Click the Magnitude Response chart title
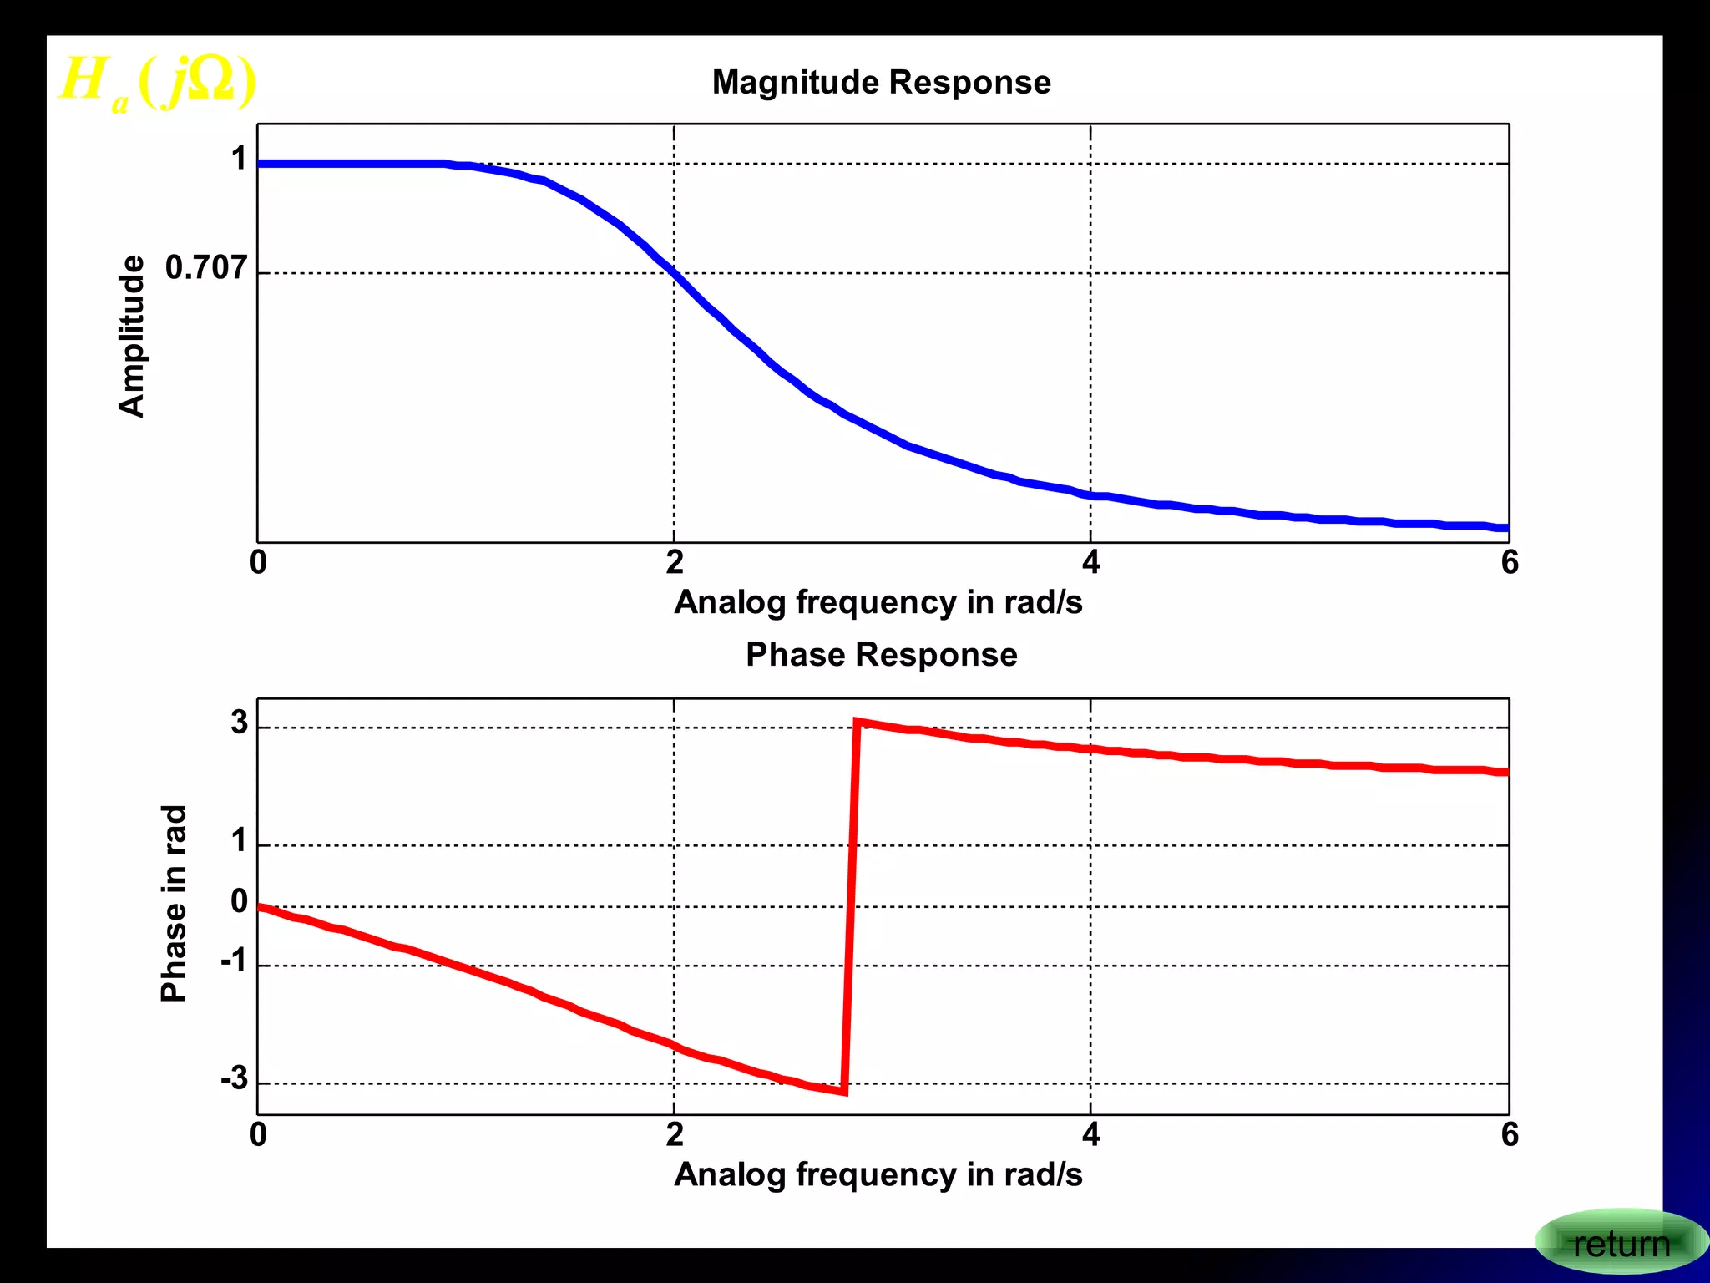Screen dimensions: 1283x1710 click(x=881, y=83)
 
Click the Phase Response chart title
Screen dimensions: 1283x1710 click(x=881, y=655)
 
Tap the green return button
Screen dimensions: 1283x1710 click(x=1620, y=1244)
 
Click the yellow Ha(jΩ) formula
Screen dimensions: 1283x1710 click(x=157, y=83)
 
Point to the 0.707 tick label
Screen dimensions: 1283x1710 click(x=206, y=268)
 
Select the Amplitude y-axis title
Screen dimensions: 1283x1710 click(x=132, y=336)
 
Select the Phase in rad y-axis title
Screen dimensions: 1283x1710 click(x=174, y=903)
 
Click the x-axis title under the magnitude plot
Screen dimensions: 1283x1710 click(x=878, y=602)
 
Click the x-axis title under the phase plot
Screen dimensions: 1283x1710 click(x=878, y=1174)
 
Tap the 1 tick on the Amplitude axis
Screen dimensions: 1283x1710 click(x=240, y=159)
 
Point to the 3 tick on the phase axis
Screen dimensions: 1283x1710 click(x=240, y=723)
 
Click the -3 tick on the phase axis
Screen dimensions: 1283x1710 click(x=235, y=1078)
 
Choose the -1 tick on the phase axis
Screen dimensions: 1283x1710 click(x=235, y=961)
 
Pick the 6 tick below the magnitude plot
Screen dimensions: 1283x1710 click(x=1509, y=563)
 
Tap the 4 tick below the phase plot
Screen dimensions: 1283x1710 click(x=1090, y=1135)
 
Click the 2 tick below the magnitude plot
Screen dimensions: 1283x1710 click(x=675, y=563)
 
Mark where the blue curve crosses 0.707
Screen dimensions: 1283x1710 click(x=674, y=272)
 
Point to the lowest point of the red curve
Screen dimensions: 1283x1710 click(x=844, y=1091)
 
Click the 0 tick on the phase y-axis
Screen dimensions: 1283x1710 click(x=240, y=901)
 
